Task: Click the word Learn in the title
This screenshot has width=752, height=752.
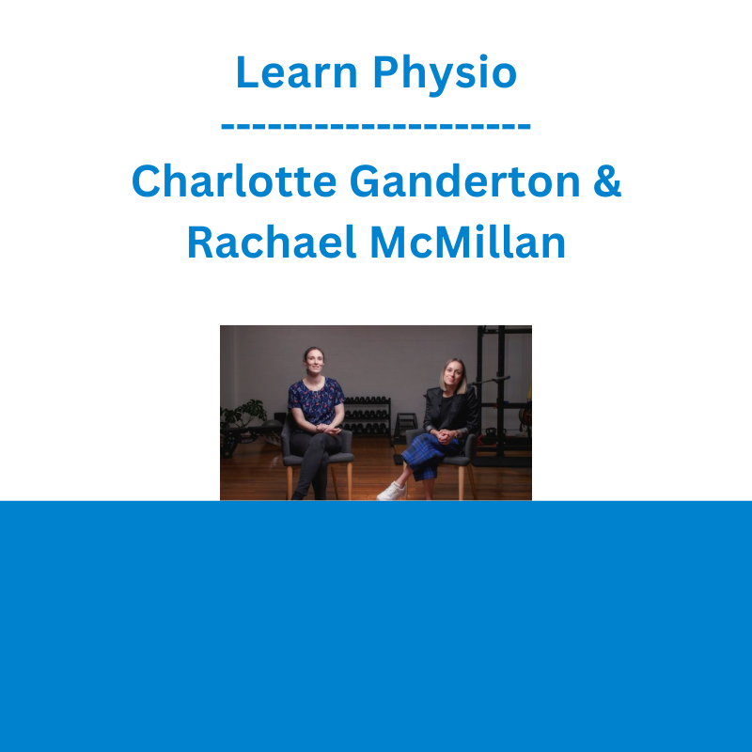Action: (297, 72)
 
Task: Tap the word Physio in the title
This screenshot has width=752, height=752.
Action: (445, 75)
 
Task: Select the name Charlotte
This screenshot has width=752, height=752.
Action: (233, 180)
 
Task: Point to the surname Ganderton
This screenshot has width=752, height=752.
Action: (464, 180)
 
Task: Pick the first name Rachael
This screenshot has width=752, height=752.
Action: (272, 242)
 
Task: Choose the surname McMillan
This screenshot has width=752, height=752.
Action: (467, 242)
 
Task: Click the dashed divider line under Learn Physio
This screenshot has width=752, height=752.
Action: (376, 127)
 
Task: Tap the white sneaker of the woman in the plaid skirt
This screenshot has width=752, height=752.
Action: (391, 491)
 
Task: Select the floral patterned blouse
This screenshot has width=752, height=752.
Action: (316, 401)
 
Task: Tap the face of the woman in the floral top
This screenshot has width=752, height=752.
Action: (314, 362)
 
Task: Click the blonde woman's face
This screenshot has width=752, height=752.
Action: (452, 373)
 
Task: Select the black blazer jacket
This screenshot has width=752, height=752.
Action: (451, 411)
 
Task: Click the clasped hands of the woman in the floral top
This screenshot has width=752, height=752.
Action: (328, 429)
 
